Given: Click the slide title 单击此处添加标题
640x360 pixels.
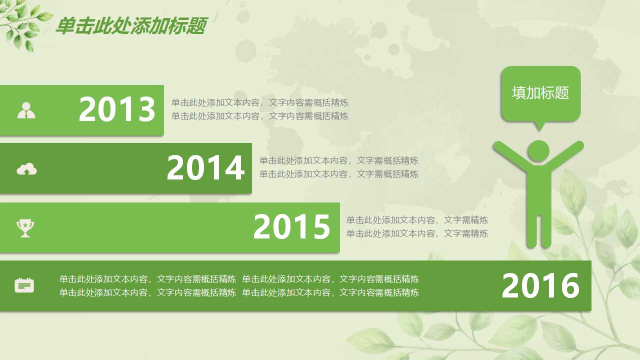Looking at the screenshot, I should (x=130, y=26).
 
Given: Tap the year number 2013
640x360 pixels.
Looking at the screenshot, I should (x=117, y=109).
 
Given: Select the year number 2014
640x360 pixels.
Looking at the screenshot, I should (x=205, y=168).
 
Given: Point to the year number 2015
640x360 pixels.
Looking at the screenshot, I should (x=292, y=227).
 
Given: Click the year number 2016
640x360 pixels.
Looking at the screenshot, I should (x=540, y=286).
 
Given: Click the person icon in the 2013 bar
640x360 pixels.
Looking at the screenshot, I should (x=26, y=110).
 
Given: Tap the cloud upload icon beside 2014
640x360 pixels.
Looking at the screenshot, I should (x=26, y=169).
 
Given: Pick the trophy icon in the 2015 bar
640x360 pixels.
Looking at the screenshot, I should (x=25, y=227).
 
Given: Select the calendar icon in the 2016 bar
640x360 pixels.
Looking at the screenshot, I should (x=24, y=285).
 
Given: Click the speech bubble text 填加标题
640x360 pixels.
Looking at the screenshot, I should (x=540, y=92).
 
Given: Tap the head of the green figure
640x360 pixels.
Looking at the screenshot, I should (x=538, y=150).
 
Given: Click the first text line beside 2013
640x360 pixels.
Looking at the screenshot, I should (x=260, y=102).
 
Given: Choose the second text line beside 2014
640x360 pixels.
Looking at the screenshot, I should (x=338, y=174).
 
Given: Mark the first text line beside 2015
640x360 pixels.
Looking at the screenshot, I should (x=417, y=220).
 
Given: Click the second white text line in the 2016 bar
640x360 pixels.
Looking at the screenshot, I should (x=239, y=292).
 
